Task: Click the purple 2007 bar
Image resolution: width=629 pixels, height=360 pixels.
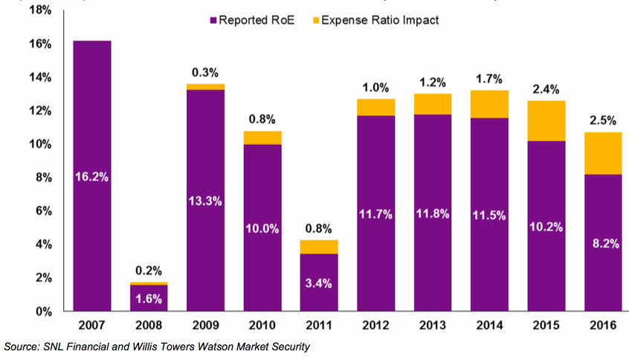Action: (91, 176)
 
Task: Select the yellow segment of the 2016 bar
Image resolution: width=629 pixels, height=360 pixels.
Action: (602, 153)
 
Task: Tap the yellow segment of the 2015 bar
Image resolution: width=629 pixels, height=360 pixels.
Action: (546, 120)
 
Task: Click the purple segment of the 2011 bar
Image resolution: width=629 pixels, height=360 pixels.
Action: (319, 283)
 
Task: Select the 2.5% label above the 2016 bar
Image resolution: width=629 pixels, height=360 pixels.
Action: (602, 119)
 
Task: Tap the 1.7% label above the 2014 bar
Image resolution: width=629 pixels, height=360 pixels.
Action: (489, 78)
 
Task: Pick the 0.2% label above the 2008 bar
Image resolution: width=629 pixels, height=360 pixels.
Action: (149, 271)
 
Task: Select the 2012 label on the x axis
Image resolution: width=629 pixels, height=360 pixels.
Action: (375, 327)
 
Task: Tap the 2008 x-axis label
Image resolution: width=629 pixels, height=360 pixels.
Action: (149, 327)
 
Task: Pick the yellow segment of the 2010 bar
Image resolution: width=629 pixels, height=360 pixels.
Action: (262, 138)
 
